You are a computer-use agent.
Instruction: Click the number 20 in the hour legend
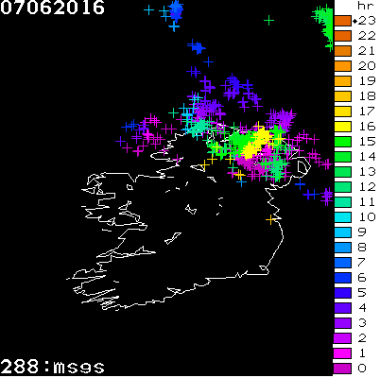pos(361,65)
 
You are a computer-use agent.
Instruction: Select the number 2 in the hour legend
pos(361,337)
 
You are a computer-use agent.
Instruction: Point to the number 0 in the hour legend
pos(361,368)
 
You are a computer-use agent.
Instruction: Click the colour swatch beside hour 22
pos(342,35)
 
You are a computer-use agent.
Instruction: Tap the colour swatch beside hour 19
pos(342,80)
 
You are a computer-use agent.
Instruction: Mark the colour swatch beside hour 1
pos(342,352)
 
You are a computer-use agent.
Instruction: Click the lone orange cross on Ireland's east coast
pos(271,219)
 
